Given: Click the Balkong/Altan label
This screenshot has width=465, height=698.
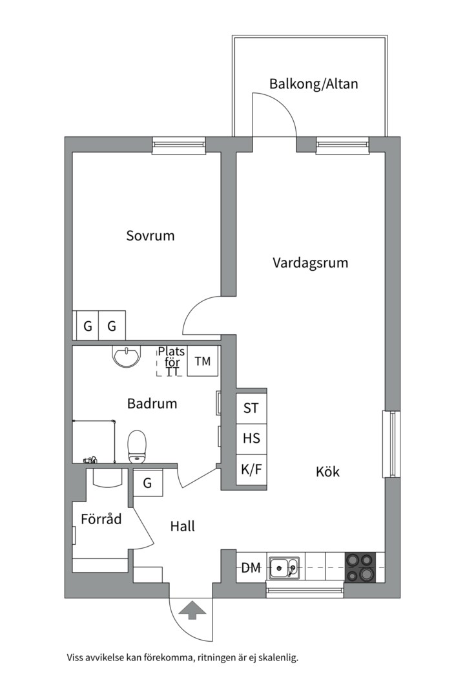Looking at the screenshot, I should click(313, 84).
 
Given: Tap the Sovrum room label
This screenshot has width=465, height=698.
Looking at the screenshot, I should click(150, 235).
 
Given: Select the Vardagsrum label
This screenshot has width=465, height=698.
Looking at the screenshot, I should click(310, 263).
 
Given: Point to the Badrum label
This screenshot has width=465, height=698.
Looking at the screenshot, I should click(152, 404).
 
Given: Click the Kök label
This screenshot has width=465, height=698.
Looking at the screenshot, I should click(327, 472).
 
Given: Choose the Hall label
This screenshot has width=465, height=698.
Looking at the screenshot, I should click(182, 527).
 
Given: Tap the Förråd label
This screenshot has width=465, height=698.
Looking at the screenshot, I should click(101, 519).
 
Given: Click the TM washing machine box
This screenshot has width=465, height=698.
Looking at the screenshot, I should click(203, 362).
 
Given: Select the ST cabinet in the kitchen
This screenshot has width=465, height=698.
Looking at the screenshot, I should click(251, 408).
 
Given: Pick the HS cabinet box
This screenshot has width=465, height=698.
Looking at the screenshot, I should click(251, 438).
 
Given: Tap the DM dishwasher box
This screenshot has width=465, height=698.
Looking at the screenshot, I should click(251, 568).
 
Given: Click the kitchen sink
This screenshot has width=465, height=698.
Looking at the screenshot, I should click(284, 568).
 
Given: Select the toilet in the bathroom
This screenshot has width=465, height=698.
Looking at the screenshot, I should click(138, 447).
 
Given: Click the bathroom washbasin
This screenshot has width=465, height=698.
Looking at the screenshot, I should click(126, 356).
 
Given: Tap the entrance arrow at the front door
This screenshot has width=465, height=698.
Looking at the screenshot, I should click(191, 609).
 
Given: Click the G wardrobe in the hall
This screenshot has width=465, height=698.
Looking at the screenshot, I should click(147, 483).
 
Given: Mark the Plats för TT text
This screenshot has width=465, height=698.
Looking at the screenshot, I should click(172, 362).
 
